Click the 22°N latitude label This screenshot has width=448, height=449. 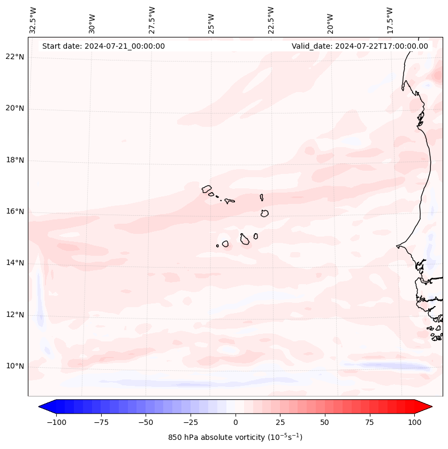15,57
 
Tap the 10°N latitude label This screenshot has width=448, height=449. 15,367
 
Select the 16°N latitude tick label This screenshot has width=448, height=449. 15,212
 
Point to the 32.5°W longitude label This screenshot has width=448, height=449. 33,20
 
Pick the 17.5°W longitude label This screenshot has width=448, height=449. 390,20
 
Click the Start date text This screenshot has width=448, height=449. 103,46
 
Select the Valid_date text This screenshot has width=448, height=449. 360,46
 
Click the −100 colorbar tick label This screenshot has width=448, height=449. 56,422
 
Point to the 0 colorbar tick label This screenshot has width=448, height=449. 236,422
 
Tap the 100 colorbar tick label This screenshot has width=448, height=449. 415,422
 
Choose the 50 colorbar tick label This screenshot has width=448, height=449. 325,422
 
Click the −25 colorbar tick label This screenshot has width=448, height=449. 191,422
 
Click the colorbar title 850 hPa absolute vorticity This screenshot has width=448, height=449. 235,437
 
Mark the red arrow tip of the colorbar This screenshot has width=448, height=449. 431,407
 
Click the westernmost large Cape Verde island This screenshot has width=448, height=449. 207,189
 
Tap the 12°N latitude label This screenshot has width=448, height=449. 15,315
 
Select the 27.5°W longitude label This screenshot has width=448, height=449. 152,20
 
